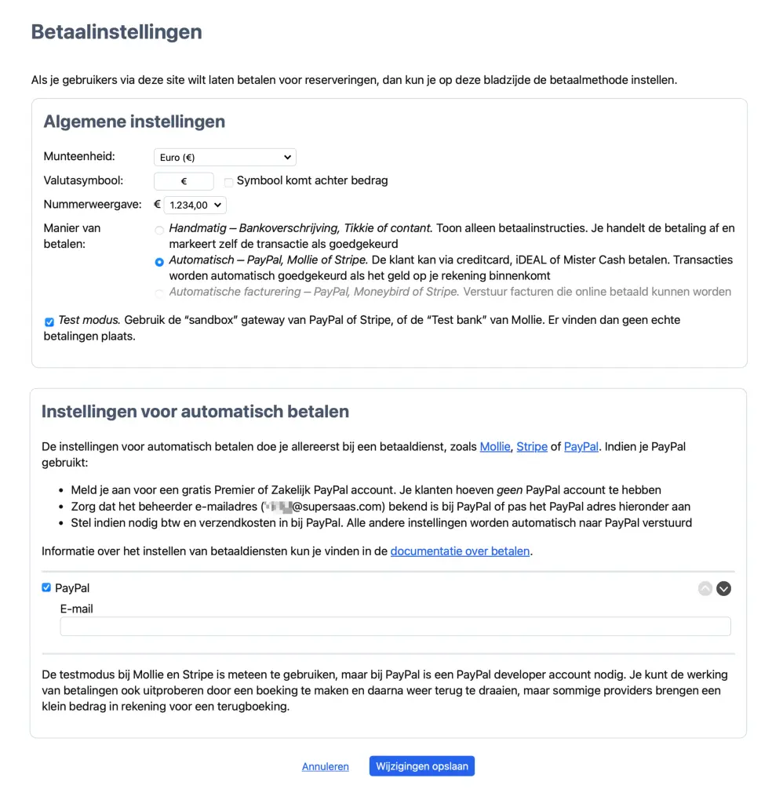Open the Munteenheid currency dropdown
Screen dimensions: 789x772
coord(224,158)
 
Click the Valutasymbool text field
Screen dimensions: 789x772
coord(184,181)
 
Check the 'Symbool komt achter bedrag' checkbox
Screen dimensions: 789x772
coord(229,182)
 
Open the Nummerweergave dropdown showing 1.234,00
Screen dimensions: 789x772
coord(195,205)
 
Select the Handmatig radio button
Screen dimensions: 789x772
coord(160,231)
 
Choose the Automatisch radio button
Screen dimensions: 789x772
coord(160,262)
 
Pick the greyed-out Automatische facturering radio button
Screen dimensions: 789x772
coord(160,293)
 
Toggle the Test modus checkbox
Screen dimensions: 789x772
coord(49,322)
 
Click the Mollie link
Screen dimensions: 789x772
coord(495,447)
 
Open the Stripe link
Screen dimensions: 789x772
coord(532,447)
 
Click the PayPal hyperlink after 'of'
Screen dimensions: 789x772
coord(581,447)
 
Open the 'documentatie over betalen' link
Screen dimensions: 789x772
coord(460,551)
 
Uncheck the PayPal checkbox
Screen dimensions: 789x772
coord(46,587)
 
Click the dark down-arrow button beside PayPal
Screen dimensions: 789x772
coord(723,588)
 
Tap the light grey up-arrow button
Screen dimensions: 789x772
coord(705,588)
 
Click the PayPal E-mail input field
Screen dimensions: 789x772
coord(395,626)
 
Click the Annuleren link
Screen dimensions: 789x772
coord(325,766)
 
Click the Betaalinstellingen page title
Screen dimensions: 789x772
coord(116,32)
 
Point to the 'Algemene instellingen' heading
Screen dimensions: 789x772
coord(134,122)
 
